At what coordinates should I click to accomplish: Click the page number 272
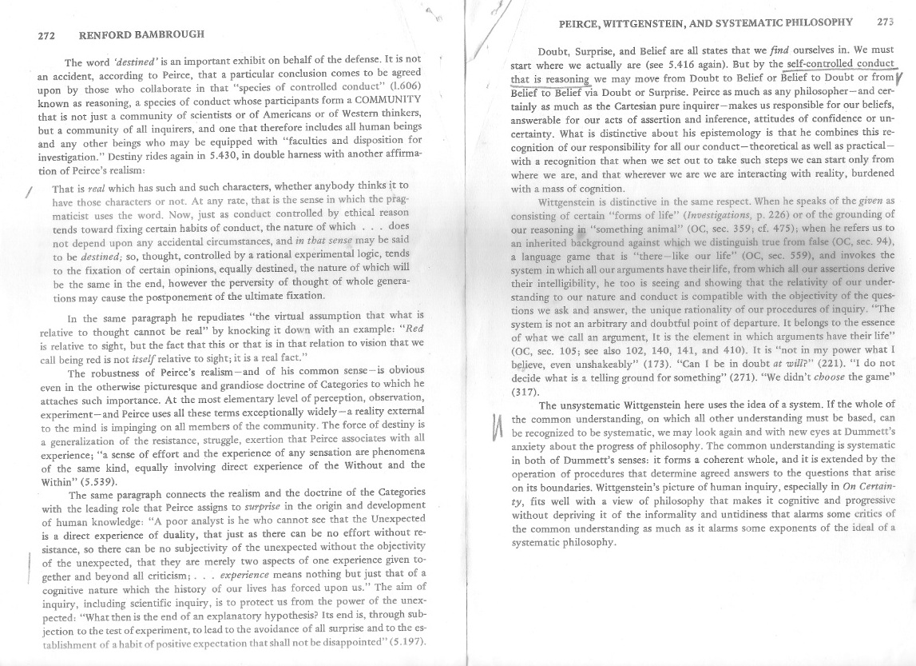pos(51,36)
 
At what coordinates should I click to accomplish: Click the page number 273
pos(885,22)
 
